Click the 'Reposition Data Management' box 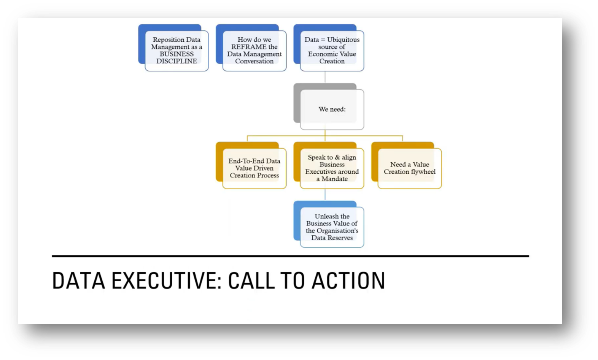pyautogui.click(x=177, y=50)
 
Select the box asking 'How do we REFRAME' pyautogui.click(x=254, y=50)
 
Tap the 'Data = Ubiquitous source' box pyautogui.click(x=332, y=50)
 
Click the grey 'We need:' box pyautogui.click(x=332, y=109)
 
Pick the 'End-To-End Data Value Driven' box pyautogui.click(x=254, y=168)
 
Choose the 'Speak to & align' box pyautogui.click(x=332, y=168)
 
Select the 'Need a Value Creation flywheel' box pyautogui.click(x=409, y=168)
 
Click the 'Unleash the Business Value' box pyautogui.click(x=332, y=227)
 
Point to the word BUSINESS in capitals pyautogui.click(x=177, y=54)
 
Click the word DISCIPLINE pyautogui.click(x=177, y=61)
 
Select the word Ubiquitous pyautogui.click(x=343, y=40)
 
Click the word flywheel pyautogui.click(x=423, y=172)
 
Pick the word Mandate pyautogui.click(x=335, y=179)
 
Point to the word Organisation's pyautogui.click(x=337, y=231)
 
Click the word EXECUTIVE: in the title pyautogui.click(x=166, y=281)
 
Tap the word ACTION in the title pyautogui.click(x=348, y=281)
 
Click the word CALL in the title pyautogui.click(x=251, y=281)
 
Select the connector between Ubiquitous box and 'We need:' pyautogui.click(x=325, y=77)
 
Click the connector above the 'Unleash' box pyautogui.click(x=325, y=195)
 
